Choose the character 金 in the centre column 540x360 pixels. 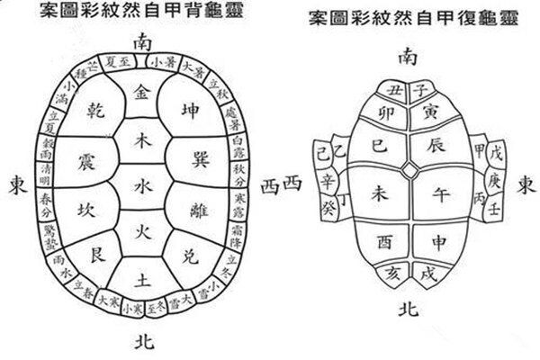point(142,93)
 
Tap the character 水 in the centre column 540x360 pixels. point(142,187)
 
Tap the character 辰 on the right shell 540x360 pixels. point(434,145)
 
